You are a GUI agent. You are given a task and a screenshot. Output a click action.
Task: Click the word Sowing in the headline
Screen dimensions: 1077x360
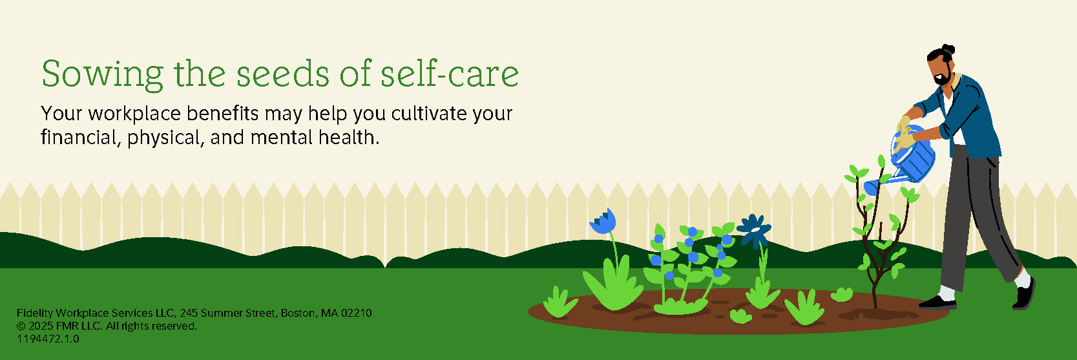click(x=103, y=74)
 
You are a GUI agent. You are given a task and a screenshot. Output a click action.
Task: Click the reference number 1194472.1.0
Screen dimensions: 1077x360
click(x=48, y=339)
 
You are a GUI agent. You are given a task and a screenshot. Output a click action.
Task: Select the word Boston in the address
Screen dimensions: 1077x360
click(x=298, y=313)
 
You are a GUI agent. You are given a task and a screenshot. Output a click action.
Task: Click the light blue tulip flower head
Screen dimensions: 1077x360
click(x=603, y=222)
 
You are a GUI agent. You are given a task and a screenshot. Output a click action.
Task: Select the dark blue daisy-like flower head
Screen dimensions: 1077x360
click(x=755, y=229)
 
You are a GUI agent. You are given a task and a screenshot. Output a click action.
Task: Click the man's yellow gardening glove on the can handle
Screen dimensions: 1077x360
click(x=904, y=140)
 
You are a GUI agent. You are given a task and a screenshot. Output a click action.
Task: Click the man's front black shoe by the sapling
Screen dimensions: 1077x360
click(x=937, y=302)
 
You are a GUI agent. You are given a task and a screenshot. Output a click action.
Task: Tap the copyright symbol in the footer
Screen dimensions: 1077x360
click(x=21, y=326)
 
